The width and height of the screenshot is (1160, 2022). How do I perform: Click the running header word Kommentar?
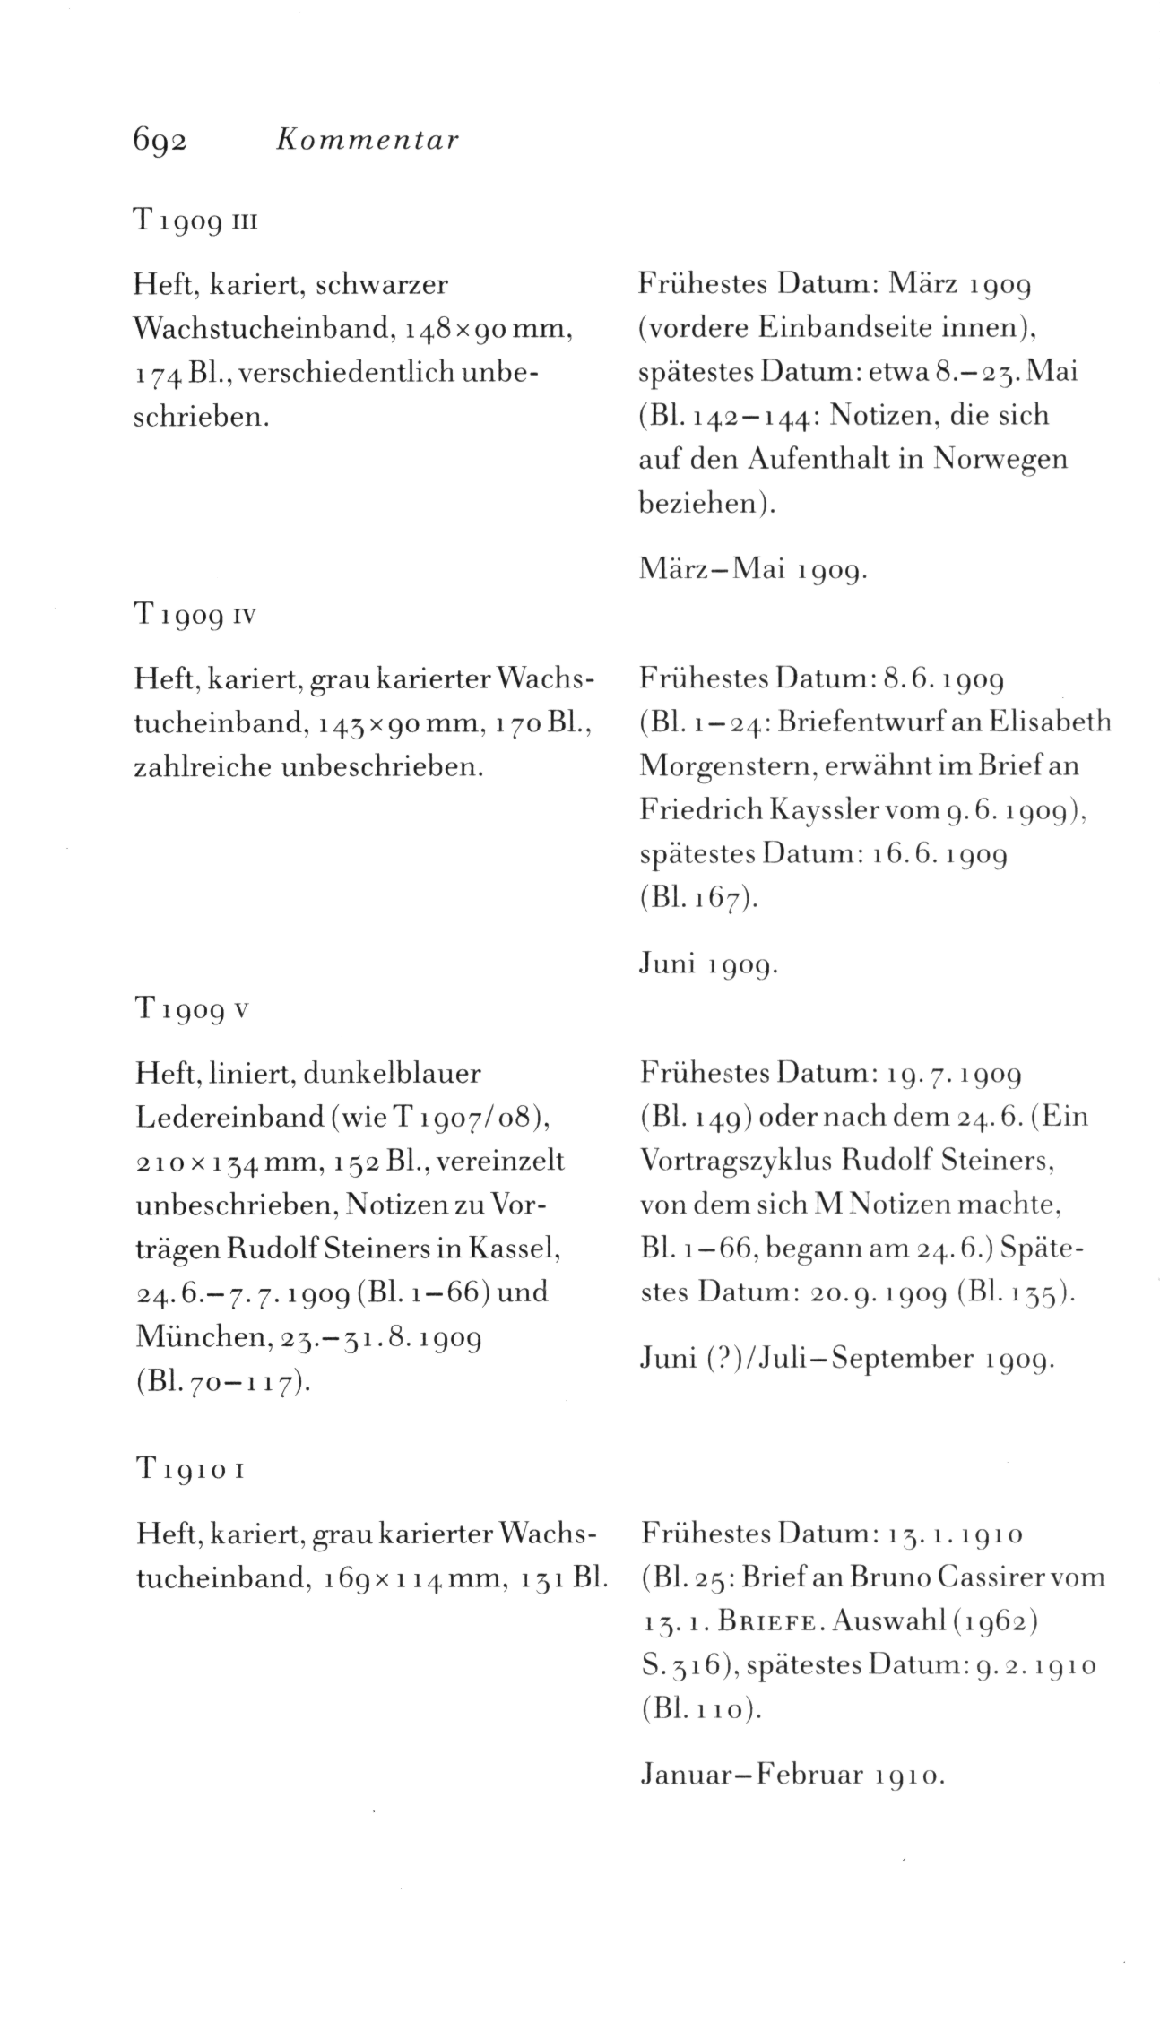click(368, 140)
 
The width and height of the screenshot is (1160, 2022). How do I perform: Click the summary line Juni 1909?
click(708, 964)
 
